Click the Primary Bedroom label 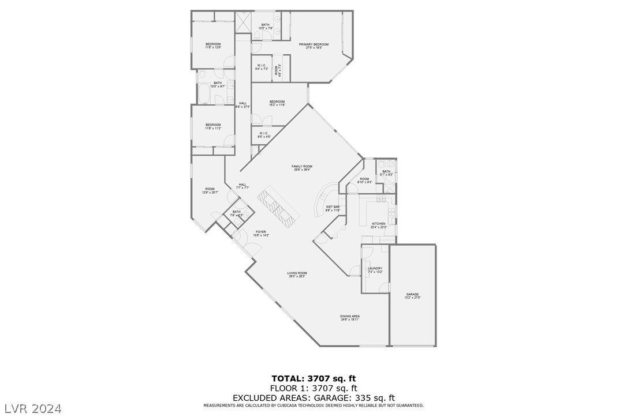[313, 46]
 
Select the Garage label [412, 296]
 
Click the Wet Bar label [333, 208]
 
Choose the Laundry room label [375, 270]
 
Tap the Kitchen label [378, 225]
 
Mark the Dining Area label [350, 318]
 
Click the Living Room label [297, 275]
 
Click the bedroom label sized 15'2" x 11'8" [277, 103]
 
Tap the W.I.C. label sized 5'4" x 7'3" [261, 67]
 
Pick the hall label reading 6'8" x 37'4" [243, 105]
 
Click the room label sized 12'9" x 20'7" [208, 191]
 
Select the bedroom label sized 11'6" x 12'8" [212, 46]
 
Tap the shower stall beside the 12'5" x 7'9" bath [243, 24]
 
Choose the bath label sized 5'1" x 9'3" [386, 172]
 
